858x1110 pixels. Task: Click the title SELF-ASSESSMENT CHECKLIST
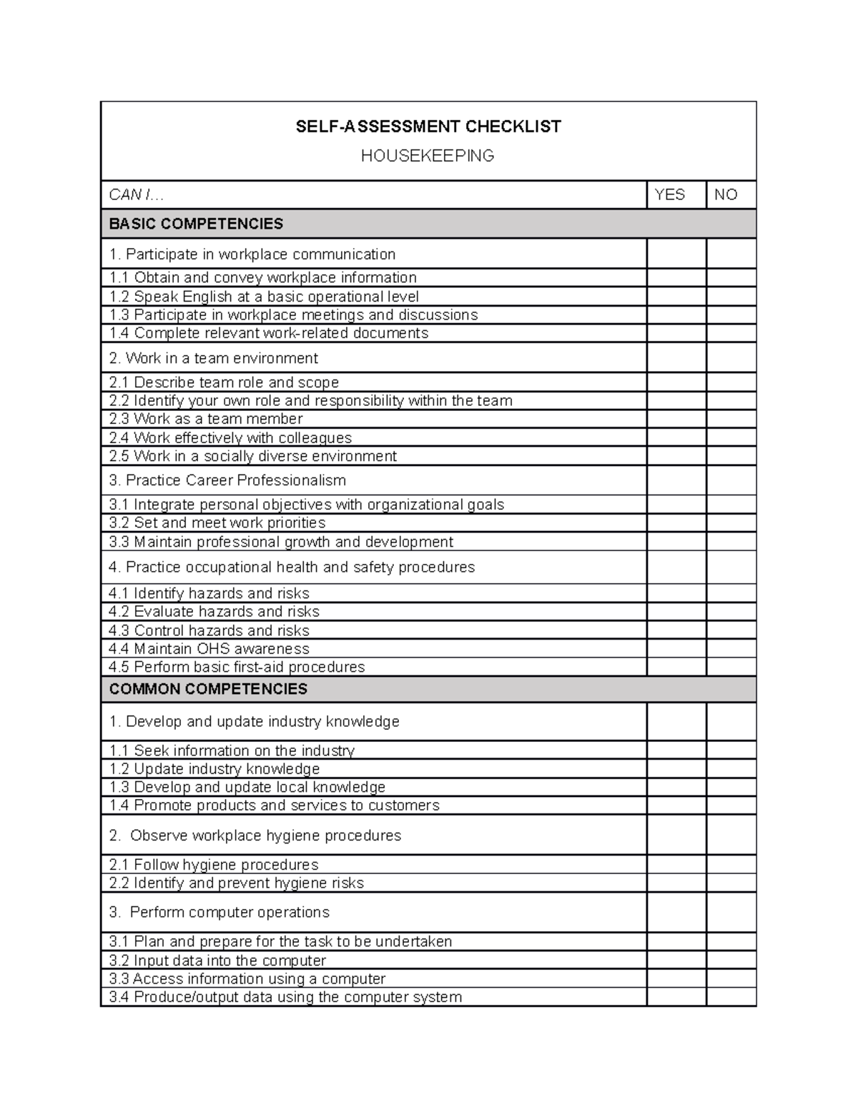click(428, 127)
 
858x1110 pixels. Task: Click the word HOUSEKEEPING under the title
click(428, 156)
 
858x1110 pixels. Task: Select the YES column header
click(670, 194)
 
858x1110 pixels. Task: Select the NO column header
click(725, 194)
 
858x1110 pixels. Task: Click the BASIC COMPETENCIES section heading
click(196, 224)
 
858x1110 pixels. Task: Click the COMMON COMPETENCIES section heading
click(208, 689)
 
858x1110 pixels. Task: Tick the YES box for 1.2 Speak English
click(676, 297)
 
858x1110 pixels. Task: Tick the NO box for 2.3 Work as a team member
click(731, 419)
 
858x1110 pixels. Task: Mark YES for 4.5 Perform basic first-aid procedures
click(676, 667)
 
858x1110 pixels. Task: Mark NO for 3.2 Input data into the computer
click(731, 961)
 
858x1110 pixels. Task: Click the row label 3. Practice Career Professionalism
click(227, 480)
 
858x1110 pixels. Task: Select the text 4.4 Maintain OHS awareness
click(209, 649)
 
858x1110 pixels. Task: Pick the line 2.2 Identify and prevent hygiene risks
click(236, 883)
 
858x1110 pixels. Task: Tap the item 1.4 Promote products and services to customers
click(274, 806)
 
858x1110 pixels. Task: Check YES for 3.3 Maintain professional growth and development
click(676, 542)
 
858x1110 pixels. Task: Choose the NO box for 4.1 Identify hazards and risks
click(731, 593)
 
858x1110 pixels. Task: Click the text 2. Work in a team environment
click(213, 358)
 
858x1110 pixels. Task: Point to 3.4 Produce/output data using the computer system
click(285, 997)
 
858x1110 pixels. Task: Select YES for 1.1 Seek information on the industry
click(676, 750)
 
